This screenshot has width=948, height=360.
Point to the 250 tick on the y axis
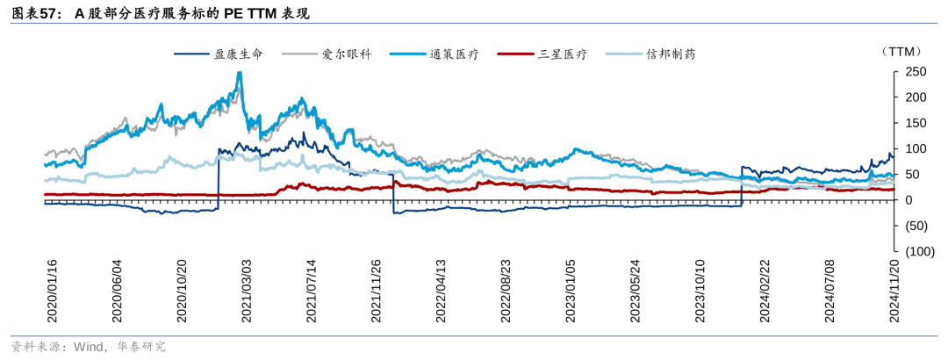(x=915, y=71)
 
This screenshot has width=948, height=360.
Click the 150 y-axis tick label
(x=915, y=123)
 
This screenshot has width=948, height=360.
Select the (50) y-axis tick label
(x=915, y=226)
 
